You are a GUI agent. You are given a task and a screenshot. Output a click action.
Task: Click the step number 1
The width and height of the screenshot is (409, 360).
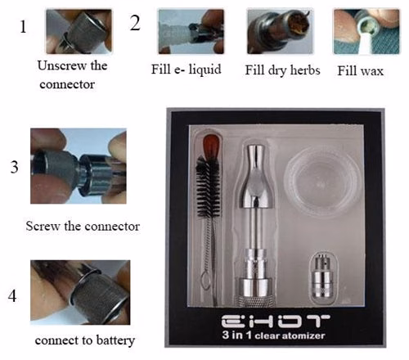(23, 26)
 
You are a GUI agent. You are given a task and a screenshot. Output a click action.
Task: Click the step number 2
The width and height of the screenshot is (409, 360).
(135, 24)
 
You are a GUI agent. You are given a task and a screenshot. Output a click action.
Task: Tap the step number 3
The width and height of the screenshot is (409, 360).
(15, 169)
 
